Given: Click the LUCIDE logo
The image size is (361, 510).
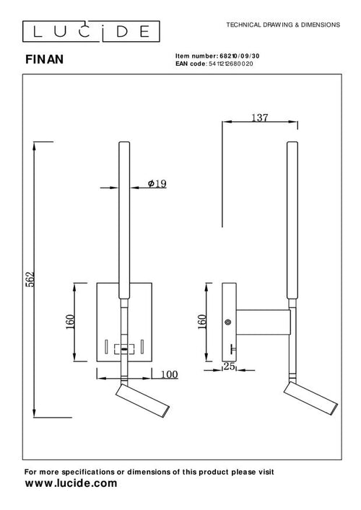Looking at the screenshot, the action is point(91,31).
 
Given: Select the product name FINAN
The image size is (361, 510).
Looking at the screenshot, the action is point(44,60).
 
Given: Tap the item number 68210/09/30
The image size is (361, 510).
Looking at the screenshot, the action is point(240,56).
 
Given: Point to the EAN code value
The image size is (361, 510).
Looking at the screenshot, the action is point(230,63).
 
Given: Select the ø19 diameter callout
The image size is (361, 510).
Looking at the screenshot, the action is point(157,184).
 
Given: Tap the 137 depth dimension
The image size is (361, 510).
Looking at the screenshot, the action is point(260,118).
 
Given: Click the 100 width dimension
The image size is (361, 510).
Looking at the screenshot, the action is point(169,374).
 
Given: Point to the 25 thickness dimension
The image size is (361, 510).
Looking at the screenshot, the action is point(230,366).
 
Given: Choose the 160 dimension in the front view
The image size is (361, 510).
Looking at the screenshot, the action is point(70,322).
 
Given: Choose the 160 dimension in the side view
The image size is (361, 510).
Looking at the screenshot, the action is point(202,322).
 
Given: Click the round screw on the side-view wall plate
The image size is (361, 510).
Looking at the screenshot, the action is point(228,322).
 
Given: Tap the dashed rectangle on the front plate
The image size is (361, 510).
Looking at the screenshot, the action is point(124,349).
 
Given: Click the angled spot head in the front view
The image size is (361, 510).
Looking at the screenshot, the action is point(142,401).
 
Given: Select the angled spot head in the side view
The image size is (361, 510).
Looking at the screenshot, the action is point(310,398).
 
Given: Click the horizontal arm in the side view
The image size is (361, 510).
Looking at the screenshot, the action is point(263,322).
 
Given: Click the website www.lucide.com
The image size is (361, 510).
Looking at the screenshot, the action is point(71,483).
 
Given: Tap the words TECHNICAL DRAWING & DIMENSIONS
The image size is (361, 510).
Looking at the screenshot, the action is point(283,25).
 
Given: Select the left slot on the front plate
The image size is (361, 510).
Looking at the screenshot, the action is point(106,347).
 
